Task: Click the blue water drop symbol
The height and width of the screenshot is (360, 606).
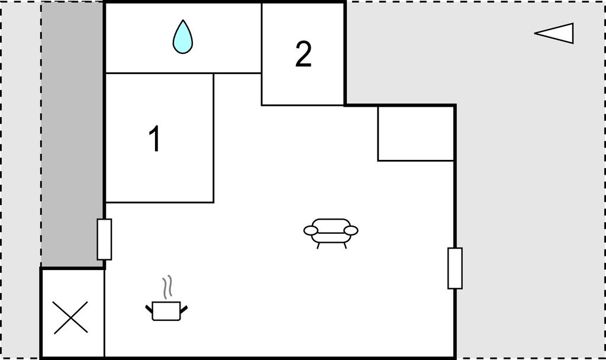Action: (x=182, y=37)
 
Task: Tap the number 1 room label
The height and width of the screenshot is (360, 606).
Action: (x=154, y=139)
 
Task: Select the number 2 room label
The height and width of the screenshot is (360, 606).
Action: (x=304, y=54)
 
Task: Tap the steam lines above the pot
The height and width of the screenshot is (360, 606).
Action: (x=167, y=287)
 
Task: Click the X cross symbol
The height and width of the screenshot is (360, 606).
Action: (x=71, y=317)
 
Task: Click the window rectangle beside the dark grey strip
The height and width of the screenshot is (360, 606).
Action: (x=104, y=239)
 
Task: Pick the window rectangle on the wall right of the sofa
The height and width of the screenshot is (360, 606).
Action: (x=455, y=268)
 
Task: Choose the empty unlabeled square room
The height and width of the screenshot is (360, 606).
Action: (x=416, y=133)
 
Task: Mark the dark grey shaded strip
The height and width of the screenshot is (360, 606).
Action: (x=72, y=134)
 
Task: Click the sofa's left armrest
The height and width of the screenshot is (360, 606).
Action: (x=311, y=231)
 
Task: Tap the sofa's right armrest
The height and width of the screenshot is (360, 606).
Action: (x=351, y=231)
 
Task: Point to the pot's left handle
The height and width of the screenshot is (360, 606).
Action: (x=149, y=309)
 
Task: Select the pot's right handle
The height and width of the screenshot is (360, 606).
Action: (x=184, y=309)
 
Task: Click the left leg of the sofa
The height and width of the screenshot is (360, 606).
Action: (x=318, y=246)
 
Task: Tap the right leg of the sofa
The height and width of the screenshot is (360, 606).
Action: (x=345, y=246)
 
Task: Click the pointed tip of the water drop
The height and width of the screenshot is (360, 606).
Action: (x=182, y=20)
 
